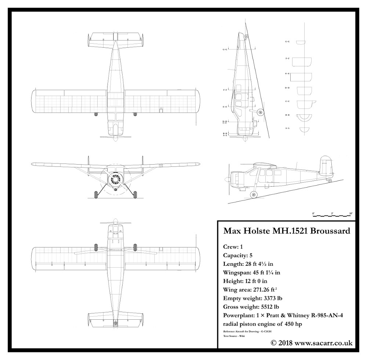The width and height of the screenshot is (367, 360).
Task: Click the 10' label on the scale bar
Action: click(351, 213)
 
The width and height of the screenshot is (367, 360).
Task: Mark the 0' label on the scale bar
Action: click(313, 213)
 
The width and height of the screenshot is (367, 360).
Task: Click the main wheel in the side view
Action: click(253, 194)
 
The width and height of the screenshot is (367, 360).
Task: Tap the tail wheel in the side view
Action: click(330, 181)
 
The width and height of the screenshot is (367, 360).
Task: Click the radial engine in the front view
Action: click(116, 179)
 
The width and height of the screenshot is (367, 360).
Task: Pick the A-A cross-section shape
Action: click(304, 129)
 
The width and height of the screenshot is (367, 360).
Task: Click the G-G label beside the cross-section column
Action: click(287, 42)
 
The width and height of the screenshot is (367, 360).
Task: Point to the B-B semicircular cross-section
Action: click(304, 117)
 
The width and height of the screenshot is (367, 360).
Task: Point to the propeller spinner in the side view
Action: click(228, 180)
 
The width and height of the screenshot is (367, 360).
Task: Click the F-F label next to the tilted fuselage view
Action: click(225, 89)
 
